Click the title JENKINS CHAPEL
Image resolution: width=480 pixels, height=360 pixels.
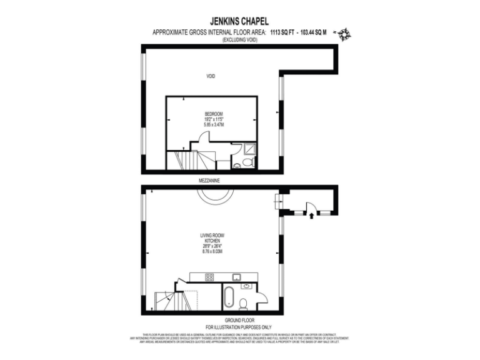pos(240,20)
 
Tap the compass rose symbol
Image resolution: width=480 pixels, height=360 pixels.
pos(343,34)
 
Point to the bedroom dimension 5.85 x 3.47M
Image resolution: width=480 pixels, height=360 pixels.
pos(212,125)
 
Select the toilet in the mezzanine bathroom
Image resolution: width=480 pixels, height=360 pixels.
pos(247,162)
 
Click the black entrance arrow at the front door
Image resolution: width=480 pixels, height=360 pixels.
pos(311,216)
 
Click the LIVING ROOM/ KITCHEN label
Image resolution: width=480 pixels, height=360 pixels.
pos(211,237)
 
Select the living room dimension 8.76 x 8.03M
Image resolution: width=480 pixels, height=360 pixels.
pos(211,250)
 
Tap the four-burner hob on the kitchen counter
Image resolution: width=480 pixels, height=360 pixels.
pos(209,277)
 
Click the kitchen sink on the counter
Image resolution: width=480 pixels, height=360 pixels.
pos(237,277)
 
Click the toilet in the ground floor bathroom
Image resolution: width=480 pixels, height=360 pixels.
pos(244,304)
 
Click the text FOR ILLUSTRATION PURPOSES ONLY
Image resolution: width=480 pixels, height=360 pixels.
pos(239,327)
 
